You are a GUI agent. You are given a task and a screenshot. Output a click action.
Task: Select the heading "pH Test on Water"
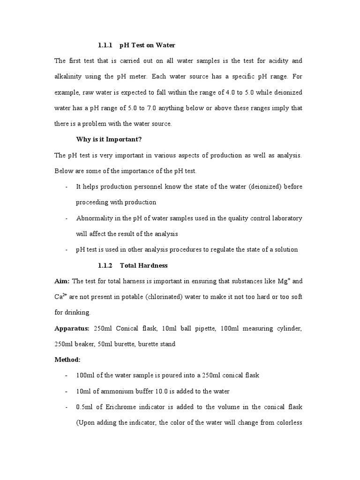click(x=147, y=45)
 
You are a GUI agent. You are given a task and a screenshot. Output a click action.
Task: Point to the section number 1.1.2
click(x=106, y=265)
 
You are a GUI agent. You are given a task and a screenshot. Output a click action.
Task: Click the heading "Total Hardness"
click(x=143, y=265)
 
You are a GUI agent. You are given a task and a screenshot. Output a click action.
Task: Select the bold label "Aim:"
click(x=62, y=281)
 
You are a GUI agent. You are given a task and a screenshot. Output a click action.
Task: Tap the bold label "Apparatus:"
click(x=73, y=329)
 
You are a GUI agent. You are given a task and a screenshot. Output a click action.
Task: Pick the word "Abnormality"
click(x=95, y=218)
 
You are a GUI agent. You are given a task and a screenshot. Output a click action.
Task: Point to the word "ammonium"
click(x=117, y=391)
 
